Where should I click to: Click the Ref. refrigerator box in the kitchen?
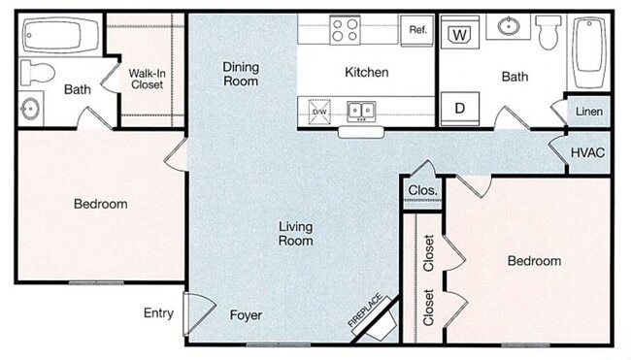[x=418, y=29]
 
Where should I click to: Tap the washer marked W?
[x=460, y=34]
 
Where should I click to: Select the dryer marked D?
[x=460, y=108]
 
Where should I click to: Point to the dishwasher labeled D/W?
[x=319, y=112]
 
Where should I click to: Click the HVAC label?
[x=588, y=152]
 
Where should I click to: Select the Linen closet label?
[x=588, y=113]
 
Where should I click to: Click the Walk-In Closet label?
[x=146, y=77]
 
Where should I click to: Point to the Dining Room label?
[x=241, y=74]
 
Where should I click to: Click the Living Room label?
[x=295, y=234]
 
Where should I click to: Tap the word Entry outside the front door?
[x=158, y=312]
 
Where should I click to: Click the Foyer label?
[x=246, y=315]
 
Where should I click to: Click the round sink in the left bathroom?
[x=31, y=108]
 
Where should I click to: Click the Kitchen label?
[x=367, y=72]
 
